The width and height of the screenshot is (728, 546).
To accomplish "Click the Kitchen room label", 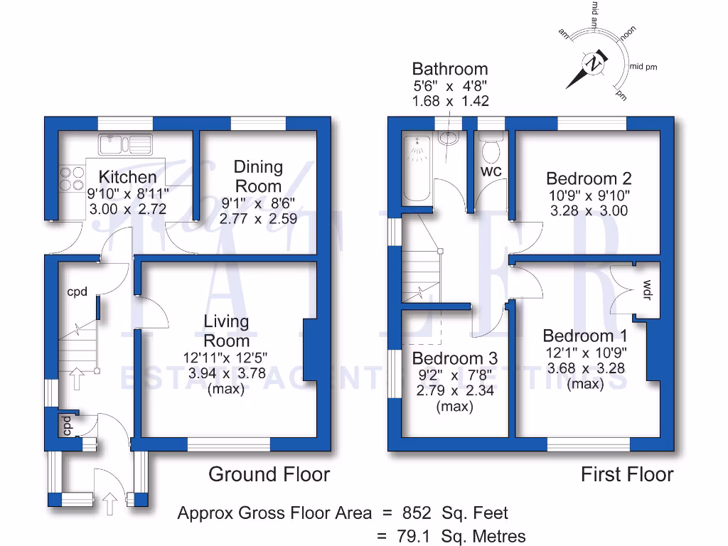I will [x=127, y=177].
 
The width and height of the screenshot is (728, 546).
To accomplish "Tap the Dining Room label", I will [x=259, y=176].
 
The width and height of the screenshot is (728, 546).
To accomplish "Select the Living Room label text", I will [x=226, y=331].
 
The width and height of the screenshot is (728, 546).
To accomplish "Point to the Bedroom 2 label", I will [x=588, y=178].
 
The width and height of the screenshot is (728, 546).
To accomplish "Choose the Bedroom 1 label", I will [x=584, y=336].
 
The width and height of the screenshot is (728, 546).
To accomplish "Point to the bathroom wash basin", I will [x=449, y=136].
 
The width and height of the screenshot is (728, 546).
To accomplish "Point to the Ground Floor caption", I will [x=269, y=474].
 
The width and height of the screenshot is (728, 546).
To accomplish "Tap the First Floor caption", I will [x=626, y=474].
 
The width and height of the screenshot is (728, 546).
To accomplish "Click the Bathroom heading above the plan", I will [x=450, y=69].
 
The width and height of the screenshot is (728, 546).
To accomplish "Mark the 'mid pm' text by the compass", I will [x=643, y=67].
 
